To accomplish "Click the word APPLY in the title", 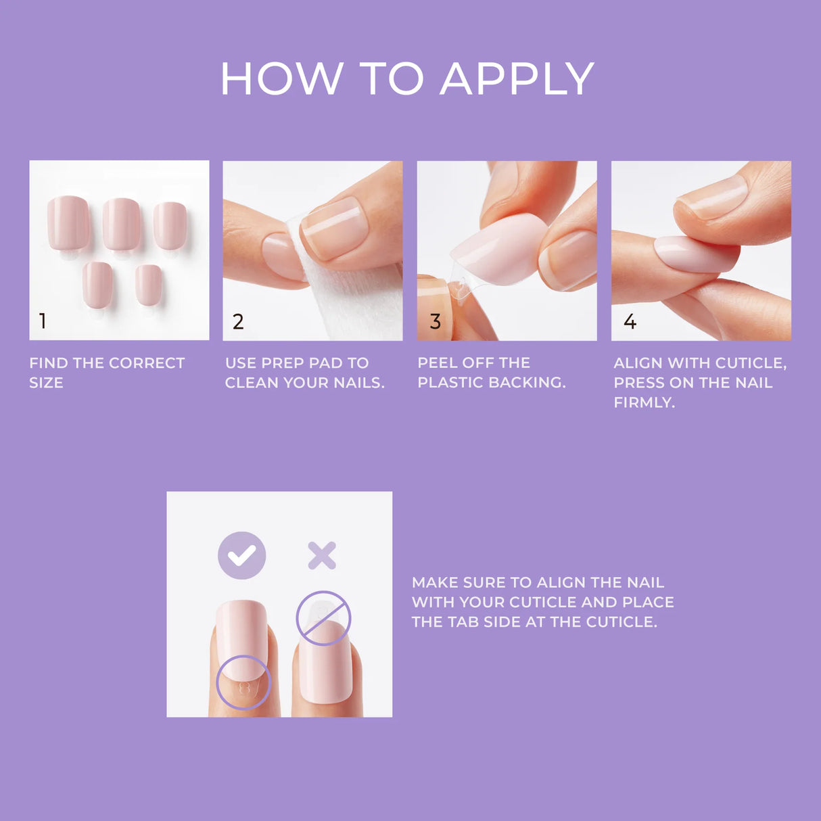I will pyautogui.click(x=517, y=80).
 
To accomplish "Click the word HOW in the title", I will pyautogui.click(x=282, y=80).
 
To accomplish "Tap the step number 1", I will pyautogui.click(x=43, y=321).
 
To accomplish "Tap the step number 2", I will pyautogui.click(x=238, y=322).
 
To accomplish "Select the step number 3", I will pyautogui.click(x=436, y=322).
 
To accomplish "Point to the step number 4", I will pyautogui.click(x=630, y=322).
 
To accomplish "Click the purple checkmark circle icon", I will pyautogui.click(x=241, y=555).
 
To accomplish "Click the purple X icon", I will pyautogui.click(x=322, y=555).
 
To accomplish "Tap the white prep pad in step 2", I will pyautogui.click(x=345, y=298).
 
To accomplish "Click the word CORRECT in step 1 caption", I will pyautogui.click(x=146, y=363).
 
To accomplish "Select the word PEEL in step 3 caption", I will pyautogui.click(x=438, y=363).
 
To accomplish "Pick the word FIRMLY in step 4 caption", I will pyautogui.click(x=644, y=402).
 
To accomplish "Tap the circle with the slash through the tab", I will pyautogui.click(x=323, y=618).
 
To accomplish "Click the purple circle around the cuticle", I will pyautogui.click(x=243, y=682).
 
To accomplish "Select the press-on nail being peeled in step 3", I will pyautogui.click(x=497, y=250).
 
